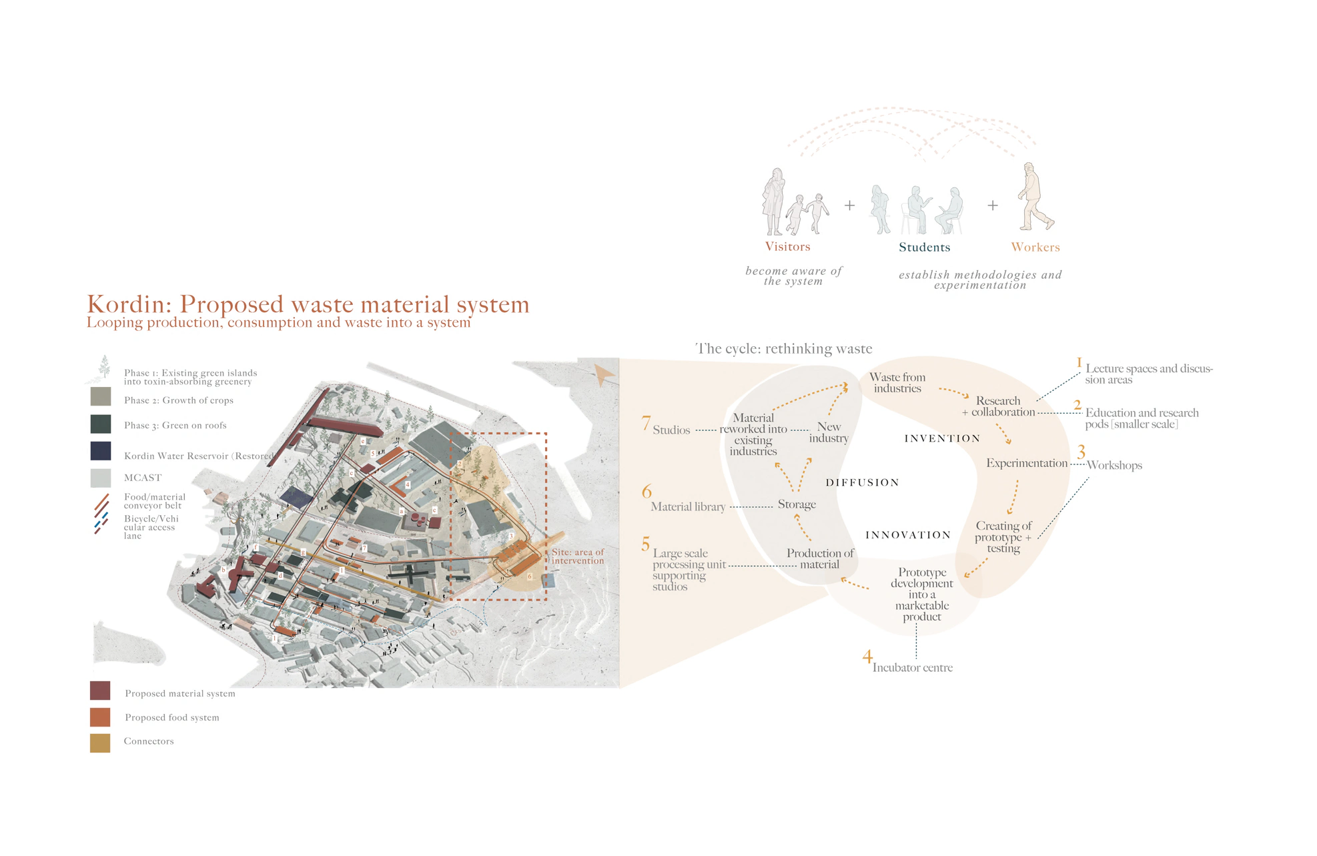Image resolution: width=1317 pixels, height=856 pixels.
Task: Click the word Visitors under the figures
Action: [787, 247]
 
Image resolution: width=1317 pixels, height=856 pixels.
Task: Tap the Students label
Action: [924, 248]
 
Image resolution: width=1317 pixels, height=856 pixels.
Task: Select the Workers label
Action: [1035, 248]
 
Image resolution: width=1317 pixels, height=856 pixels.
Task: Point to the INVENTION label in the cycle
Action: [942, 438]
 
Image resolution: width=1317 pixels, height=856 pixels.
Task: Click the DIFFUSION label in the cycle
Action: [862, 482]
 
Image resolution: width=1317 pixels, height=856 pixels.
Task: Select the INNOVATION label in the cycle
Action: [907, 535]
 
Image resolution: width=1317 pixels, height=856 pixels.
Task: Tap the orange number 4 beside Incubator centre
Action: [867, 657]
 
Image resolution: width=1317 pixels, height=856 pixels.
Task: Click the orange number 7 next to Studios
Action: [646, 423]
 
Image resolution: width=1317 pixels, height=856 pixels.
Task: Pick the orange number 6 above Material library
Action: [646, 492]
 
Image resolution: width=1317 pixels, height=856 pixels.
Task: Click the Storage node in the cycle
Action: [797, 504]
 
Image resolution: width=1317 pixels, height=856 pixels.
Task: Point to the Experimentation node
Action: [1027, 463]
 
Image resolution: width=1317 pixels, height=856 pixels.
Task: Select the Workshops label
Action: [1114, 465]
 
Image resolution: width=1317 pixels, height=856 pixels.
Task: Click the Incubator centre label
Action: [912, 668]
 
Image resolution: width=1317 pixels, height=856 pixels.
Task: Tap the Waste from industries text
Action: [897, 383]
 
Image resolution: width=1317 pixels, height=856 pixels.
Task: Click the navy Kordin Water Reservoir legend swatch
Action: [101, 451]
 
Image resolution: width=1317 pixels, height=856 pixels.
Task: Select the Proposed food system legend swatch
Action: [100, 717]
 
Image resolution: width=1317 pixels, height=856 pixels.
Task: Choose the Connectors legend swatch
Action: [100, 743]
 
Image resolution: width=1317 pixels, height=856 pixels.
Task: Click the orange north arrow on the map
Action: [604, 375]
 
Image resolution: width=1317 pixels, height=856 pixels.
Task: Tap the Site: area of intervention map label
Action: [578, 556]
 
